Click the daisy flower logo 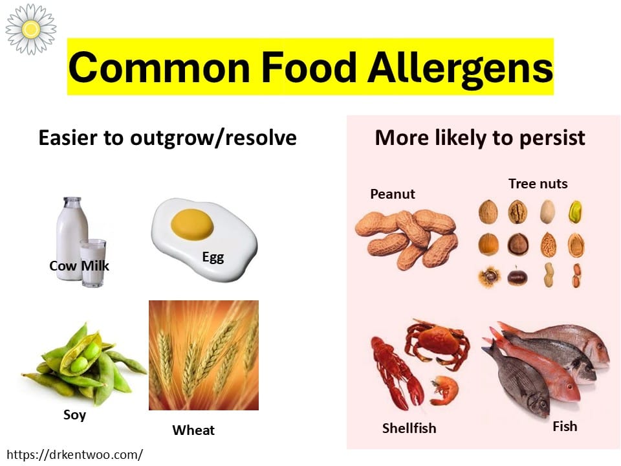tap(31, 29)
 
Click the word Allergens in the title tap(461, 68)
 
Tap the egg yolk tap(192, 225)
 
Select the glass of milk tap(93, 262)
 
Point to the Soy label tap(74, 415)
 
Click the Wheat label tap(193, 430)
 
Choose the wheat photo tap(204, 355)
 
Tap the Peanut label tap(393, 194)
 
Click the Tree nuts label tap(538, 183)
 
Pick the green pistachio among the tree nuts tap(576, 212)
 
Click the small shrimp tap(445, 390)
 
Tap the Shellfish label tap(409, 428)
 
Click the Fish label tap(565, 427)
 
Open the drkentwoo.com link tap(74, 454)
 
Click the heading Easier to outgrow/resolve tap(168, 138)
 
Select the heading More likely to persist tap(480, 138)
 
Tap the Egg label tap(213, 258)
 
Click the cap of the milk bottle tap(72, 201)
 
